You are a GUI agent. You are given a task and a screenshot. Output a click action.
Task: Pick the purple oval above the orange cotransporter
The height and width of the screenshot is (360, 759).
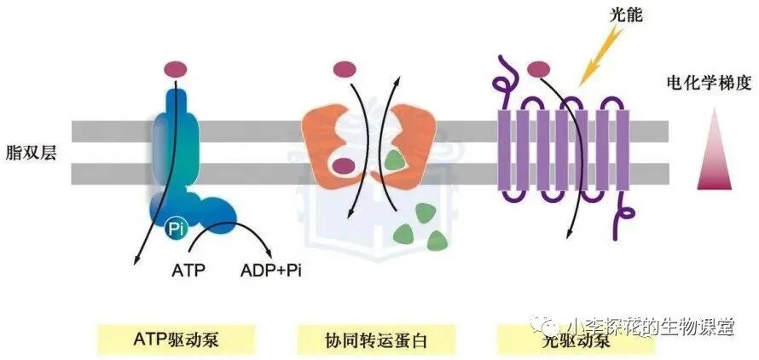tap(345, 67)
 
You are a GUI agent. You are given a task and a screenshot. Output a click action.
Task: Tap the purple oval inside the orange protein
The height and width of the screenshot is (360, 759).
tap(344, 165)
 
